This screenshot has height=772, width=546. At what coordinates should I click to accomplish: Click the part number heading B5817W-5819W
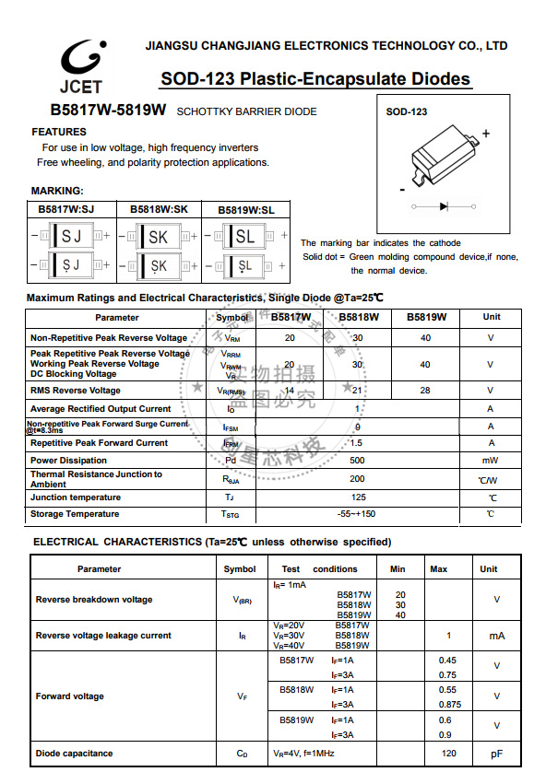click(108, 111)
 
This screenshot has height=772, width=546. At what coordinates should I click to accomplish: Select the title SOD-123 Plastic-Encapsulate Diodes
click(315, 79)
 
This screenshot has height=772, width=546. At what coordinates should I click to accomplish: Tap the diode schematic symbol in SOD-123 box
click(444, 205)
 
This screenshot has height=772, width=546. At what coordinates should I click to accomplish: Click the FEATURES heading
click(59, 132)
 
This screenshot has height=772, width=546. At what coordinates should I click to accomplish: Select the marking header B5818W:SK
click(159, 210)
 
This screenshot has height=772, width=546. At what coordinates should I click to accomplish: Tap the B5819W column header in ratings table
click(424, 317)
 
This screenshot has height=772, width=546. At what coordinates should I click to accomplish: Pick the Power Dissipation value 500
click(357, 460)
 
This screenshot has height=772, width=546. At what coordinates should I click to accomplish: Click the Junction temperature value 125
click(357, 497)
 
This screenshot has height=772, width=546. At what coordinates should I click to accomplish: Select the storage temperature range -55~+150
click(357, 513)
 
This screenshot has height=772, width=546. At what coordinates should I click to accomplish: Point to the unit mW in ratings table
click(490, 460)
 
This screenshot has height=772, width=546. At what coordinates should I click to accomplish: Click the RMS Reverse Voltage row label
click(75, 391)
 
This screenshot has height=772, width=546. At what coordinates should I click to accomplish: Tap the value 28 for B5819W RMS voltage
click(424, 391)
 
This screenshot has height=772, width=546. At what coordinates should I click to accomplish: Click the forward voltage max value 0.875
click(447, 704)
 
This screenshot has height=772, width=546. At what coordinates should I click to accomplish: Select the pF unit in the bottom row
click(496, 754)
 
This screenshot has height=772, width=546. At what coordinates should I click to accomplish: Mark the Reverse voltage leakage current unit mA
click(496, 636)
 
